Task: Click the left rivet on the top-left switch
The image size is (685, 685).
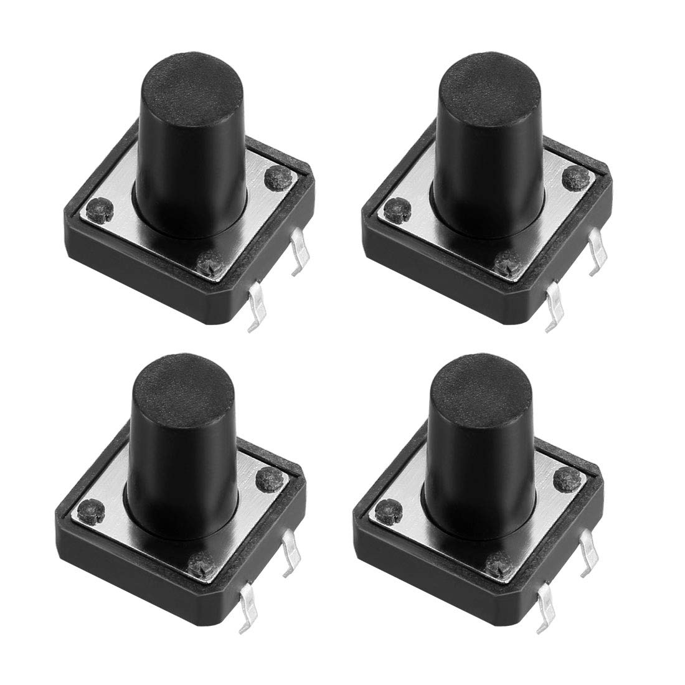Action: pos(97,207)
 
